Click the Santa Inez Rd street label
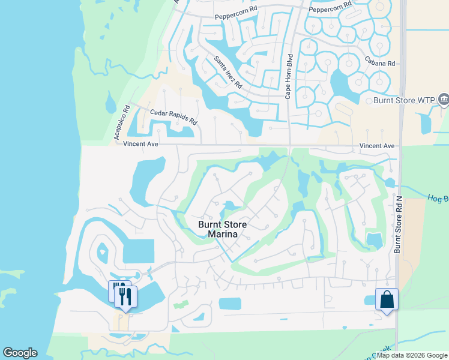pos(228,72)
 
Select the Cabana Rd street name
pos(379,62)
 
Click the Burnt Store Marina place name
pos(223,230)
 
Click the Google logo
pos(20,353)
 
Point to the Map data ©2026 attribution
pos(412,355)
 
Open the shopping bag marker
pos(387,299)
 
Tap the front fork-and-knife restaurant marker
pos(126,296)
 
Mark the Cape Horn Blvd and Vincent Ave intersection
pos(291,145)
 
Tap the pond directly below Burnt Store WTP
pos(426,123)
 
